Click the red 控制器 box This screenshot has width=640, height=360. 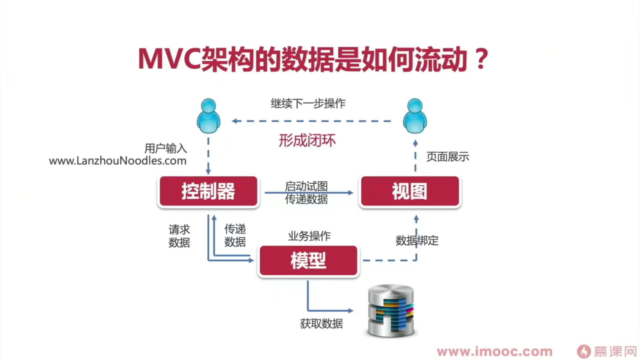tap(208, 191)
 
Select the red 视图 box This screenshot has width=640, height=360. tap(409, 191)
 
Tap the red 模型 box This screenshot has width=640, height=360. tap(308, 260)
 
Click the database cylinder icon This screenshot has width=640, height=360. tap(391, 310)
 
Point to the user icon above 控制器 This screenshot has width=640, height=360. tap(208, 116)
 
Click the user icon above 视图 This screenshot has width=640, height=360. tap(415, 116)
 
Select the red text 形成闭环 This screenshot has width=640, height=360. tap(307, 140)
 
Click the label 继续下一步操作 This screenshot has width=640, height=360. tap(308, 103)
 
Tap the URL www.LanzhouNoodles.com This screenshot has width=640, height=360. tap(117, 161)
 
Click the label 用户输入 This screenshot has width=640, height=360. tap(165, 148)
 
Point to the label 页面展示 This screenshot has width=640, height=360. tap(447, 157)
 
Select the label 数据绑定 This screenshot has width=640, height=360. tap(417, 241)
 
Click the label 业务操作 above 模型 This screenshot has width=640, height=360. tap(309, 236)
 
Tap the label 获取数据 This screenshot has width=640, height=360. tap(321, 324)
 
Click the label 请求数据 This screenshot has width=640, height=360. tap(179, 236)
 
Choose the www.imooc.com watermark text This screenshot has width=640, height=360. tap(494, 352)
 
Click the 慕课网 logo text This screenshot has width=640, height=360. tap(614, 351)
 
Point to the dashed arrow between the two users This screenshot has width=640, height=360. tap(311, 121)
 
